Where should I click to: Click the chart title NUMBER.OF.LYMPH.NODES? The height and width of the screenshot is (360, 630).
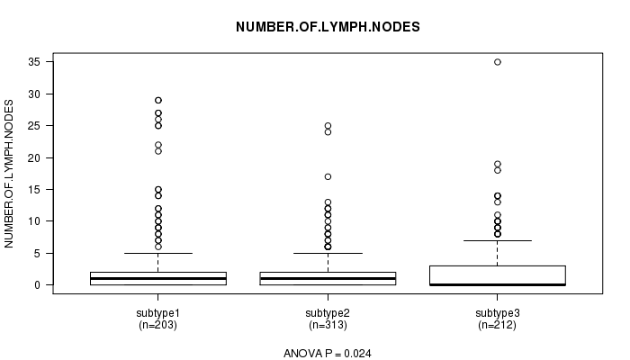tap(328, 27)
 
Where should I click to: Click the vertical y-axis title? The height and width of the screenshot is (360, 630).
tap(9, 174)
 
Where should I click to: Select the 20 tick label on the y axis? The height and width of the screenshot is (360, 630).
tap(35, 157)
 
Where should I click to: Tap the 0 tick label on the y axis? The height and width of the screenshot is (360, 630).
tap(38, 285)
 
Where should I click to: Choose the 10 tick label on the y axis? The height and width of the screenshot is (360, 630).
tap(35, 221)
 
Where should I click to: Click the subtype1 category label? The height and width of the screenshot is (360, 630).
tap(157, 313)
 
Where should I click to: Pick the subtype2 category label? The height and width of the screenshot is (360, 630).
tap(328, 313)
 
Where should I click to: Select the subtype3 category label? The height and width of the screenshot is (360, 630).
tap(498, 313)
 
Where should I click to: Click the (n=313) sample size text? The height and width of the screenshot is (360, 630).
tap(328, 325)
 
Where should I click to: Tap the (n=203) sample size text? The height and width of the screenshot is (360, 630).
tap(157, 325)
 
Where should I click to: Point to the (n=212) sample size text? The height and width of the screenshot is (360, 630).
tap(498, 325)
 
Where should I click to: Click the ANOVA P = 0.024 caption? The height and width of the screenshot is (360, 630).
tap(328, 354)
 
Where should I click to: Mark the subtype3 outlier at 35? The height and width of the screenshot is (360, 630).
tap(498, 62)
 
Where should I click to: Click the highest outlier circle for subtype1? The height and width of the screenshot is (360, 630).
tap(158, 100)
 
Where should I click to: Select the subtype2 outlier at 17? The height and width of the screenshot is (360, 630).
tap(328, 176)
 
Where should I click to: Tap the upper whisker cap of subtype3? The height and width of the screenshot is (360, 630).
tap(498, 240)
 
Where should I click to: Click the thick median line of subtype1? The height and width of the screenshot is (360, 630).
tap(158, 278)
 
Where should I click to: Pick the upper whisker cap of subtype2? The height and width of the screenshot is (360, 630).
tap(328, 253)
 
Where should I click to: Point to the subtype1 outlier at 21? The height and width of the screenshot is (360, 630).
tap(158, 151)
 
